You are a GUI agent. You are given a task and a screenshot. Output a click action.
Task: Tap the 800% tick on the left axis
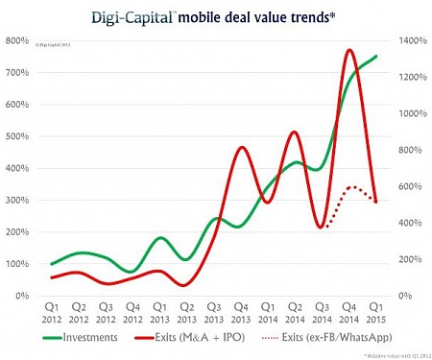16,40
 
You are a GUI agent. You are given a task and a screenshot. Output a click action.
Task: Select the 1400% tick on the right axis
406,40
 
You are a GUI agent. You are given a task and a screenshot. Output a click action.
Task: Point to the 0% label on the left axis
20,296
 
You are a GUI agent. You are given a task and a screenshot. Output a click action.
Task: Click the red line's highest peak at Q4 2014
349,49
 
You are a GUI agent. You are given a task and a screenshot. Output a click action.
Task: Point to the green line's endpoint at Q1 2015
375,56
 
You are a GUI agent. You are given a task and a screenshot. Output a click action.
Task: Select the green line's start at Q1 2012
53,263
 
